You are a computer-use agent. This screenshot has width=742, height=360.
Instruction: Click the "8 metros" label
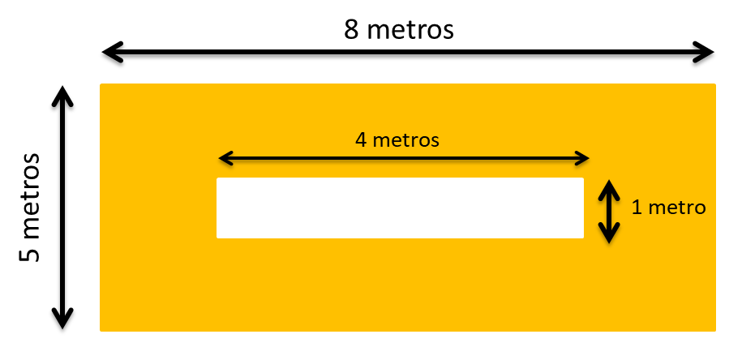(398, 30)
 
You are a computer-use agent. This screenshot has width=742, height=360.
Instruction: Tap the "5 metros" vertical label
(30, 207)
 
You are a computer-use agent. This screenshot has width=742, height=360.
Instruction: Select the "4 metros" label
(397, 139)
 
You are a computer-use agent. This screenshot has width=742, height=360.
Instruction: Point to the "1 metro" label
(668, 207)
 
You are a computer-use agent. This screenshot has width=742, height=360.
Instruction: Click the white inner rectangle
(400, 208)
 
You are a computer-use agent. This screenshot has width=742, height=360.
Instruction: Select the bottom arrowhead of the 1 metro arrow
(609, 234)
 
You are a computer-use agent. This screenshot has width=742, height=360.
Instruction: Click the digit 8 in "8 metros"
(350, 30)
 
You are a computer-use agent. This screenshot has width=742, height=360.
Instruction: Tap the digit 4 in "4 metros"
(361, 139)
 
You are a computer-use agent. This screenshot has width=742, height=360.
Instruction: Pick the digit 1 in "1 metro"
(637, 207)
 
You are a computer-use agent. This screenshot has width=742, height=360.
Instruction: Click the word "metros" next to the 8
(410, 30)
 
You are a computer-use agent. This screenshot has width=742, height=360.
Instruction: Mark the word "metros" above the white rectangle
(406, 139)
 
